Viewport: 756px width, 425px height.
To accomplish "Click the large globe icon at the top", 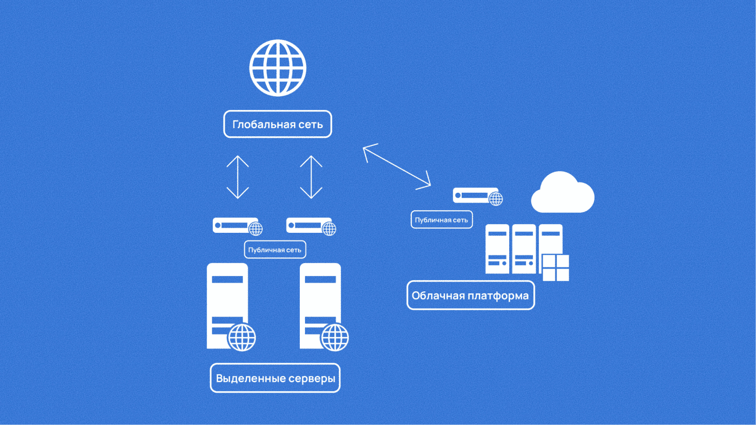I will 278,68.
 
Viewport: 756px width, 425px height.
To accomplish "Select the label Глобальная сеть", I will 278,124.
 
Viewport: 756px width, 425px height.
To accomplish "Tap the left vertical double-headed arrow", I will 238,177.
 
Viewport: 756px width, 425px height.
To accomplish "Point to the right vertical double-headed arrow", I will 311,177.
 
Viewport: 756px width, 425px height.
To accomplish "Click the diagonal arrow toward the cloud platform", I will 397,167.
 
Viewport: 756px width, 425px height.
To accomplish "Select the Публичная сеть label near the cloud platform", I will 441,220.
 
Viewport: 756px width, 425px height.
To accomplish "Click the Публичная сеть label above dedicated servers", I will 275,250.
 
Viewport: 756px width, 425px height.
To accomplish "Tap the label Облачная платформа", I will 470,295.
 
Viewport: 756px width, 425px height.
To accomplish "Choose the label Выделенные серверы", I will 275,378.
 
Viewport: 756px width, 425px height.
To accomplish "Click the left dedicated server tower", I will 226,298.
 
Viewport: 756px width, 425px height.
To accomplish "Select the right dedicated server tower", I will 319,298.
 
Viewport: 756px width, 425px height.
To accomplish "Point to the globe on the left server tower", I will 242,337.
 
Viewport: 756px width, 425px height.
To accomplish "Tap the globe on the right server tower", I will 335,337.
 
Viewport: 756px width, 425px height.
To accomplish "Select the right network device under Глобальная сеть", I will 309,226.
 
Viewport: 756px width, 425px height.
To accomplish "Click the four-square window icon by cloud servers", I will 556,268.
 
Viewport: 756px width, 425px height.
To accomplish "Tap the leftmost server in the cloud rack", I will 497,249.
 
